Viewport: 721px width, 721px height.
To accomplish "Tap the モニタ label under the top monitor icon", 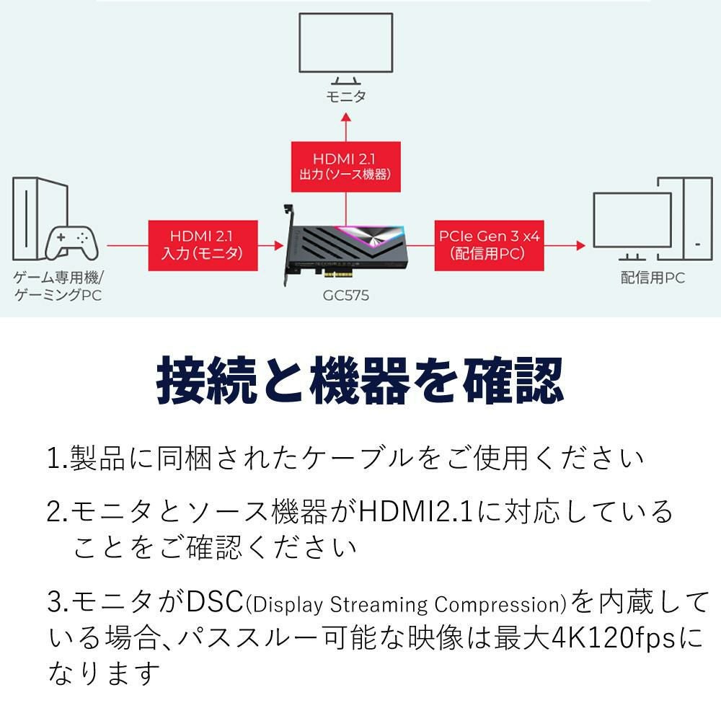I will (x=346, y=97).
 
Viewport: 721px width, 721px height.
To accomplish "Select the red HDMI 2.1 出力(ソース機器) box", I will (x=345, y=167).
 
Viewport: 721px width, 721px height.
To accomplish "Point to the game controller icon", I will (x=72, y=243).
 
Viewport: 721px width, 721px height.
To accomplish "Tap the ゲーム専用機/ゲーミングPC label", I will (x=58, y=286).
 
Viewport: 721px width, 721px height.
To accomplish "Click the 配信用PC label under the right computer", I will (x=653, y=278).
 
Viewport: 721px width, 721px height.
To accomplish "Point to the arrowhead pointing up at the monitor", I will (x=346, y=117).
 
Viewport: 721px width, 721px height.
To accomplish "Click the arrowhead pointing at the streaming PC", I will (x=580, y=246).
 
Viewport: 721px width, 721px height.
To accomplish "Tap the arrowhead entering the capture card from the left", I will (x=280, y=246).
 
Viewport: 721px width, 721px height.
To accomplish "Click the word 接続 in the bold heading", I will (x=205, y=381).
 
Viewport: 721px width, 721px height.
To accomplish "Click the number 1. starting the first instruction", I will (x=57, y=459).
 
